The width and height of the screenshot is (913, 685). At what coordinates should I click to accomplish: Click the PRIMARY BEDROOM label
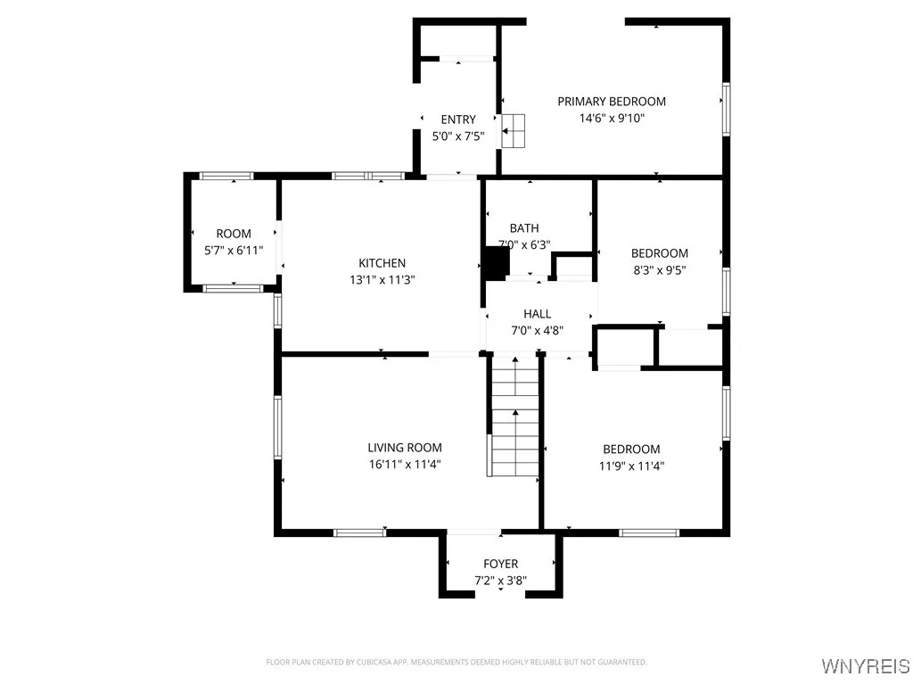pyautogui.click(x=612, y=102)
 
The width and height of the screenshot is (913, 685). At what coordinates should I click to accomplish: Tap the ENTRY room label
pyautogui.click(x=458, y=120)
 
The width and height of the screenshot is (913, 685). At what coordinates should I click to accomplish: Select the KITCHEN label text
pyautogui.click(x=382, y=263)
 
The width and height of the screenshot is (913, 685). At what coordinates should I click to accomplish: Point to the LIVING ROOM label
pyautogui.click(x=404, y=448)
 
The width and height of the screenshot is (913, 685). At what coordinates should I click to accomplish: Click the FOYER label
pyautogui.click(x=500, y=564)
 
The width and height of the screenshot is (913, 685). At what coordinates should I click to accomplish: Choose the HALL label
pyautogui.click(x=537, y=314)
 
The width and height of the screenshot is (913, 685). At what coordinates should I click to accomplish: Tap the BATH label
pyautogui.click(x=524, y=228)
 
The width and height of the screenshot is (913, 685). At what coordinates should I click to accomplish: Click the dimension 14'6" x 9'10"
pyautogui.click(x=612, y=118)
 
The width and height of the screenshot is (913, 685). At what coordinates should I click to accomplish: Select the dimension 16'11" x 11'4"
pyautogui.click(x=404, y=464)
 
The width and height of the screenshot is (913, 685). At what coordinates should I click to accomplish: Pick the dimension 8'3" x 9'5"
pyautogui.click(x=659, y=269)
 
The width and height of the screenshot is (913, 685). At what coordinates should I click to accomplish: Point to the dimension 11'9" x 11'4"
pyautogui.click(x=631, y=466)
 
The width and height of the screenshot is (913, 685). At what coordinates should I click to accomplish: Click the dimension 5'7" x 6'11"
pyautogui.click(x=234, y=251)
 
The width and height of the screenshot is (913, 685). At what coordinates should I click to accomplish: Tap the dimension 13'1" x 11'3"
pyautogui.click(x=382, y=279)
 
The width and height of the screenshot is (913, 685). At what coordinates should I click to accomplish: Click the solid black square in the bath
pyautogui.click(x=495, y=261)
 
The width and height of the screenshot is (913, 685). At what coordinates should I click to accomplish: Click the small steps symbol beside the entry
pyautogui.click(x=514, y=130)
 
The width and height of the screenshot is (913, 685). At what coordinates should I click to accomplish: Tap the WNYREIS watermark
pyautogui.click(x=866, y=666)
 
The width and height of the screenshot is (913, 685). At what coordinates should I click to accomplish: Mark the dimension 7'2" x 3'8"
pyautogui.click(x=500, y=580)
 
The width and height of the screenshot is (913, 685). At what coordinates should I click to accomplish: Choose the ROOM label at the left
pyautogui.click(x=234, y=235)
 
